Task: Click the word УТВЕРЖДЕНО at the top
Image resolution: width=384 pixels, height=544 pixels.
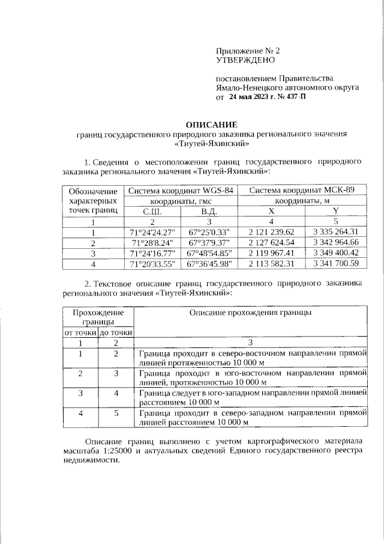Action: (x=245, y=60)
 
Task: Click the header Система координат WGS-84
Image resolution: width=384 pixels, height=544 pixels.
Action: (x=180, y=190)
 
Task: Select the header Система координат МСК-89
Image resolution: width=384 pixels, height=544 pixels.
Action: (x=302, y=190)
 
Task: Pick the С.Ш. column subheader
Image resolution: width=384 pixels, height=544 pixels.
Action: (x=152, y=211)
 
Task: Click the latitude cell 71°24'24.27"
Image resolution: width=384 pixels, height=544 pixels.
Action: (x=152, y=232)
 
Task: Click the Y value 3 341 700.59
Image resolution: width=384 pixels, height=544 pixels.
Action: (x=336, y=263)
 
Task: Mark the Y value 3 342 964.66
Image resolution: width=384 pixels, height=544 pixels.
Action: (x=336, y=243)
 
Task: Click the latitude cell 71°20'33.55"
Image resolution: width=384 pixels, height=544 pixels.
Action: (x=152, y=263)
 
